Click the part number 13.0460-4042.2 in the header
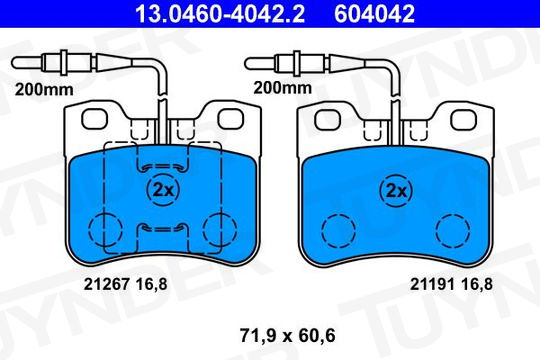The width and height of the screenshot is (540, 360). click(220, 13)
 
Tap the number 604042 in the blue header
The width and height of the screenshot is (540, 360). click(374, 13)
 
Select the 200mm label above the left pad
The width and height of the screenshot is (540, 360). click(44, 90)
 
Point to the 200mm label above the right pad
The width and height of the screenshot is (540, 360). click(282, 88)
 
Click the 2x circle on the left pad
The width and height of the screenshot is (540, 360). click(163, 189)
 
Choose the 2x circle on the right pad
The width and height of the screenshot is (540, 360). click(396, 191)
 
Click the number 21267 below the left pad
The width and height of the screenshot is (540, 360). click(107, 284)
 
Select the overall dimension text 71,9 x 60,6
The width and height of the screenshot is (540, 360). click(288, 335)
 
